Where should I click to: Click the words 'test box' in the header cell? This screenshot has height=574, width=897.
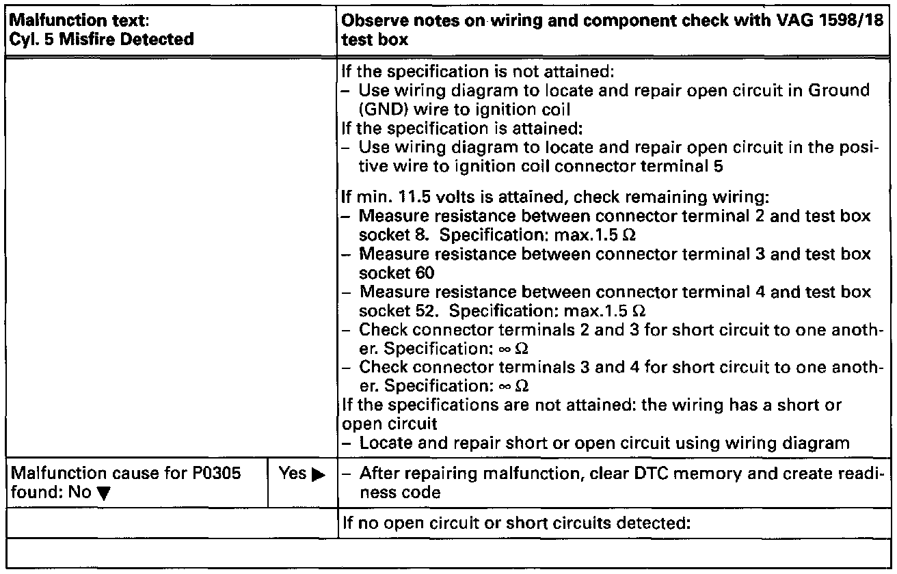pos(375,40)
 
